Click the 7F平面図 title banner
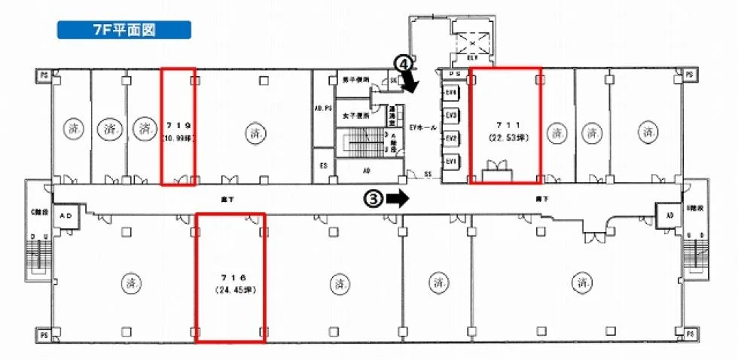(x=124, y=30)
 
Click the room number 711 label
(x=505, y=123)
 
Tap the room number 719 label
(x=178, y=124)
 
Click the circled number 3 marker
(x=373, y=198)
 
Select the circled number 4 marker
(x=404, y=65)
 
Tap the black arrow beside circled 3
(x=398, y=198)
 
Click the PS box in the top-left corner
(x=45, y=75)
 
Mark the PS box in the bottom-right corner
(x=690, y=333)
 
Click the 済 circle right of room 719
(x=252, y=133)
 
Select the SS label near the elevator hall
(x=427, y=175)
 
